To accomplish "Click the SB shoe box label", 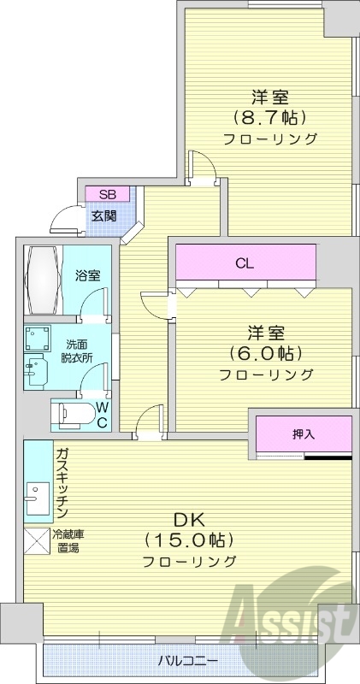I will [107, 194].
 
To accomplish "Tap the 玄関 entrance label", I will [104, 215].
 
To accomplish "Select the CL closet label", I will [245, 263].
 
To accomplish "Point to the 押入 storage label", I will [304, 434].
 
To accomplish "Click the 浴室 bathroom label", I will [87, 275].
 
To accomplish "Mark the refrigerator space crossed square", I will [37, 542].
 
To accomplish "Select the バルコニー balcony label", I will [188, 661].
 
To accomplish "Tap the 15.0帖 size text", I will [189, 540].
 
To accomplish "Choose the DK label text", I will [188, 519].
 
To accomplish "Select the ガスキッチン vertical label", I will [62, 483].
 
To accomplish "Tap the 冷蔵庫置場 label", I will [68, 541].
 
